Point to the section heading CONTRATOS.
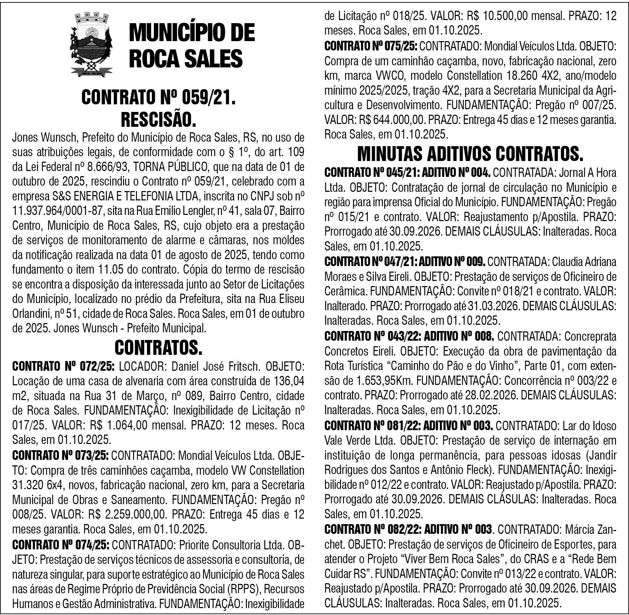coord(158,348)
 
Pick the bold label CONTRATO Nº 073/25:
coord(61,455)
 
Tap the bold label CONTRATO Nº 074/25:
coord(61,545)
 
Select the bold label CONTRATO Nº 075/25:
coord(371,46)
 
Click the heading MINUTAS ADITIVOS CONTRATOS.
coord(470,154)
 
